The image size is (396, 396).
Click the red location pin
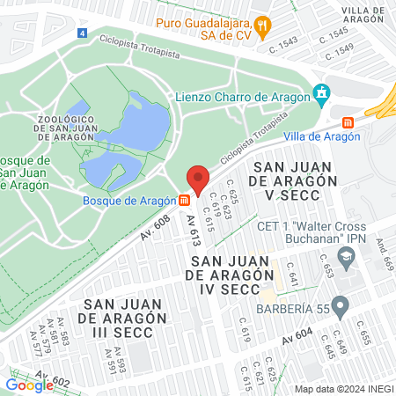pyautogui.click(x=198, y=180)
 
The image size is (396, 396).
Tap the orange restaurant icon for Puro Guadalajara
pyautogui.click(x=263, y=23)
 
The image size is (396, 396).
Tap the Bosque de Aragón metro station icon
pyautogui.click(x=183, y=201)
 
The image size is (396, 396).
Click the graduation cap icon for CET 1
pyautogui.click(x=347, y=256)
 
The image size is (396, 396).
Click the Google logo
pyautogui.click(x=29, y=384)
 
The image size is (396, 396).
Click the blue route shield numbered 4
pyautogui.click(x=82, y=33)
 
